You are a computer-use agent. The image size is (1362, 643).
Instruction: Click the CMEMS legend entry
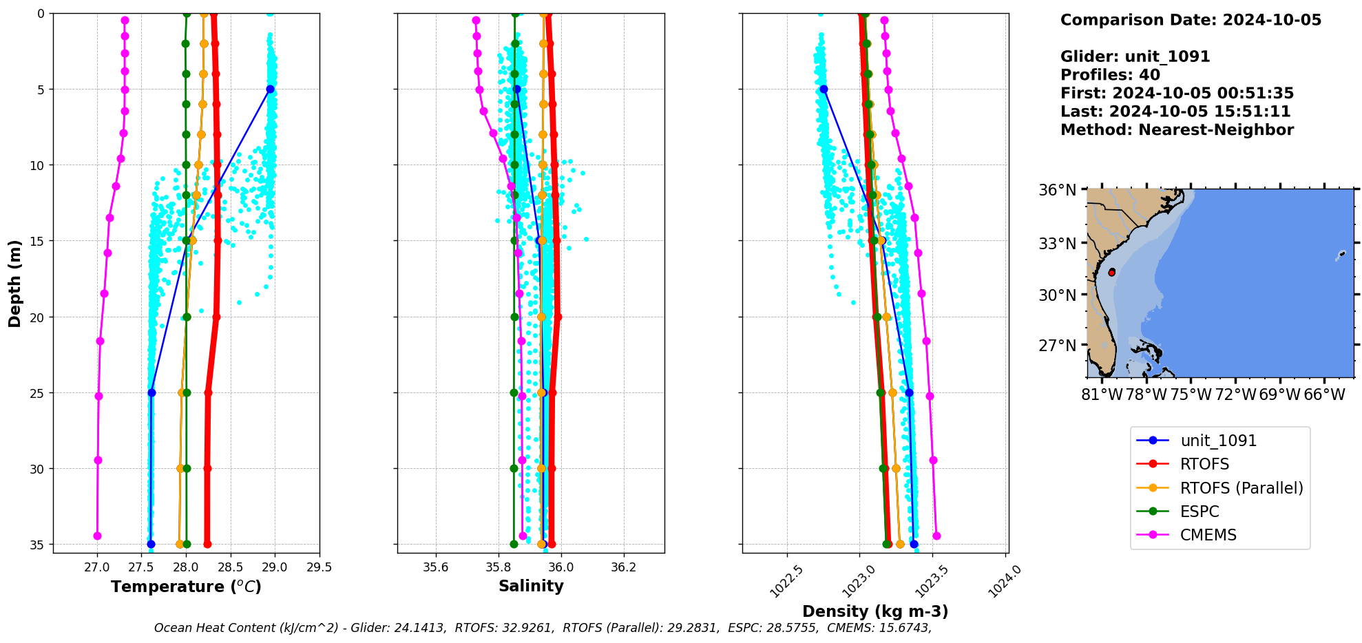(x=1208, y=535)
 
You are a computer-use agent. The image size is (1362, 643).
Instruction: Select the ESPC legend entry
(x=1199, y=512)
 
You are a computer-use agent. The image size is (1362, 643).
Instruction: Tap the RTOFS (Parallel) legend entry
(x=1241, y=488)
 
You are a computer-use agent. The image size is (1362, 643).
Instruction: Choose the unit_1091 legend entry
(x=1218, y=441)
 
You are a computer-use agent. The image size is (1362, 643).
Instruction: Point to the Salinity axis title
(x=531, y=586)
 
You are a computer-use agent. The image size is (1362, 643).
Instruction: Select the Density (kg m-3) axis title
(x=875, y=611)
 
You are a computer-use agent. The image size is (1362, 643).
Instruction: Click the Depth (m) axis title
(x=14, y=283)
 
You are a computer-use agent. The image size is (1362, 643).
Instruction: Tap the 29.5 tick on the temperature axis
(x=319, y=567)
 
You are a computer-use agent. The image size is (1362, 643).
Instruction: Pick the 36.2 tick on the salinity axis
(x=624, y=567)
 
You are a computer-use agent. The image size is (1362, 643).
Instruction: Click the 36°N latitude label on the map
(x=1057, y=190)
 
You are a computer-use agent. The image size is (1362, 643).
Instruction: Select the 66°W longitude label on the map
(x=1324, y=394)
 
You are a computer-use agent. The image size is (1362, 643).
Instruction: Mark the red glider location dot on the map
(x=1111, y=273)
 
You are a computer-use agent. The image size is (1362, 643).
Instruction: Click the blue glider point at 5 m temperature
(x=270, y=89)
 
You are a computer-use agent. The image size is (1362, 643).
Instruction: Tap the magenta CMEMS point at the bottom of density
(x=936, y=536)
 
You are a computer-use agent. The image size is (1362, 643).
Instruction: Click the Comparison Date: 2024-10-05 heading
(x=1191, y=20)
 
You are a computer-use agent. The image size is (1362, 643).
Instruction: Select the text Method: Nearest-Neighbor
(x=1177, y=130)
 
